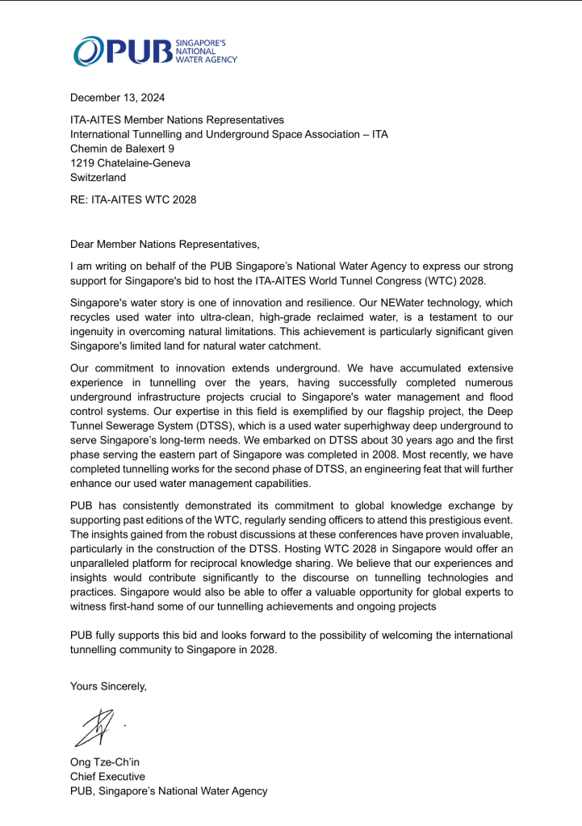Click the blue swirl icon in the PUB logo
(88, 51)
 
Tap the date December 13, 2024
(117, 98)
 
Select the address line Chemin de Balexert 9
(122, 149)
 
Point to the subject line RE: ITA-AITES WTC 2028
(133, 199)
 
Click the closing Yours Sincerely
(109, 686)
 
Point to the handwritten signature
(94, 727)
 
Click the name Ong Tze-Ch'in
(105, 762)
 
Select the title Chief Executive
(108, 777)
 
